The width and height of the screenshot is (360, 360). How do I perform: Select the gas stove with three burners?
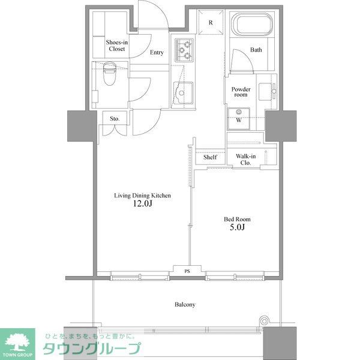point(185,50)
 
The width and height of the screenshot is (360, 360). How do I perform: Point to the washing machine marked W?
point(239,119)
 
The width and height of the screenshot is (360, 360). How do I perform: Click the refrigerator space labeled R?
point(211,23)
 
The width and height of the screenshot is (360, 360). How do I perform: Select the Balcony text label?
point(185,305)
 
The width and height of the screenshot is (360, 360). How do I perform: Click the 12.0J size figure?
point(143,205)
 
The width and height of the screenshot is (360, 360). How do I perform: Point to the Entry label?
point(157,53)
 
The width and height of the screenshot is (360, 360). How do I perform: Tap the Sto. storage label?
point(114,119)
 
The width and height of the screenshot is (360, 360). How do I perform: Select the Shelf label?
point(209,157)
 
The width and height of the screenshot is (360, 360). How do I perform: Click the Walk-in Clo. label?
point(246,160)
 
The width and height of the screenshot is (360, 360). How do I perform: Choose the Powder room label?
point(241,92)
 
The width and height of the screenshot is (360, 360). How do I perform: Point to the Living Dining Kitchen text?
point(143,196)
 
